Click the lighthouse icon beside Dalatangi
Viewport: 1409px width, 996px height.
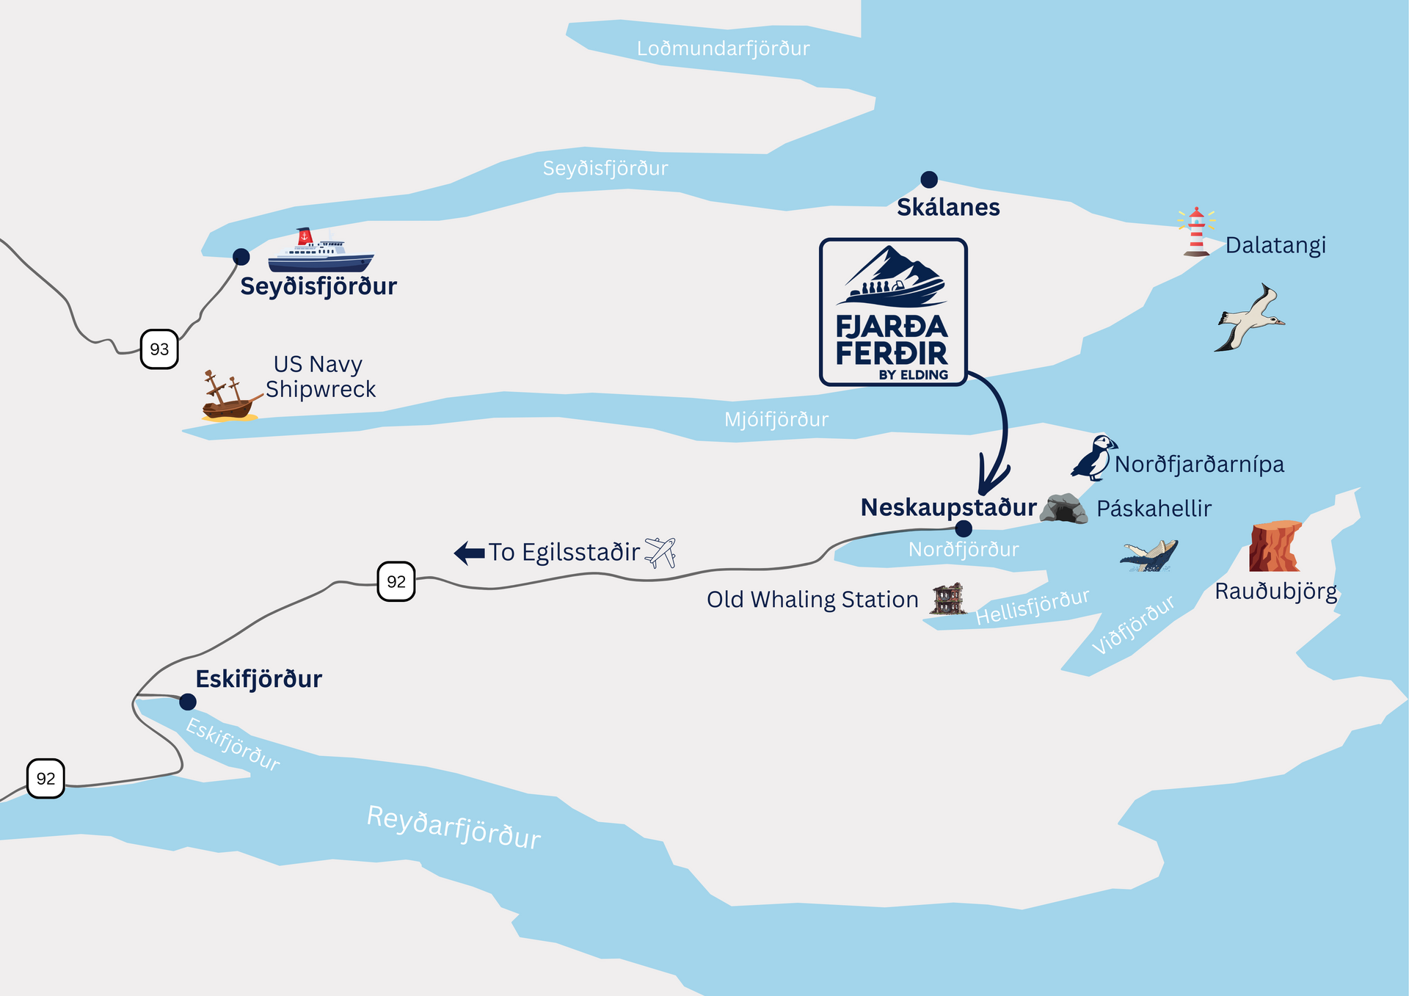[1196, 233]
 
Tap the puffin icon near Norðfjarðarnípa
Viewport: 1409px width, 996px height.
[1093, 458]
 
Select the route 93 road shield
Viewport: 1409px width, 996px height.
[159, 349]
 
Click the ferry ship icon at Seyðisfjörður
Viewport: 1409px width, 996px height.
[321, 252]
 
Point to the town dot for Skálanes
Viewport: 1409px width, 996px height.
[929, 179]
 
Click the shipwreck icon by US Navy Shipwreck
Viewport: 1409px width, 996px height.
[229, 398]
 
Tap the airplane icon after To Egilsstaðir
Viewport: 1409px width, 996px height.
[660, 553]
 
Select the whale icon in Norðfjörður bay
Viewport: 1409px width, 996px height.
[1149, 556]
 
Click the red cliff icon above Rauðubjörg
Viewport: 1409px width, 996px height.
[1275, 547]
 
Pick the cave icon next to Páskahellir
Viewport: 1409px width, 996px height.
[1063, 509]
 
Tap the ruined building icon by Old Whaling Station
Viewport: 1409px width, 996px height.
[947, 599]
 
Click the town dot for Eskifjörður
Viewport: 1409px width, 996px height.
[188, 702]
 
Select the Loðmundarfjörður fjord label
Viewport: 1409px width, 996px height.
[723, 49]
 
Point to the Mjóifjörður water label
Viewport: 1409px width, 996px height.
[776, 420]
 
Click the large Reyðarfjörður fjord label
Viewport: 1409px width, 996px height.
[454, 827]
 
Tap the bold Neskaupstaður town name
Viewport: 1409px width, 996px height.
[948, 507]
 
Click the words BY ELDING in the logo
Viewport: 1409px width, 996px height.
[913, 375]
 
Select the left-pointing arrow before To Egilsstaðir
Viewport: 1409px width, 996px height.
[470, 553]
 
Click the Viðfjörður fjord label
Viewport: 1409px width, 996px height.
[1132, 625]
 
